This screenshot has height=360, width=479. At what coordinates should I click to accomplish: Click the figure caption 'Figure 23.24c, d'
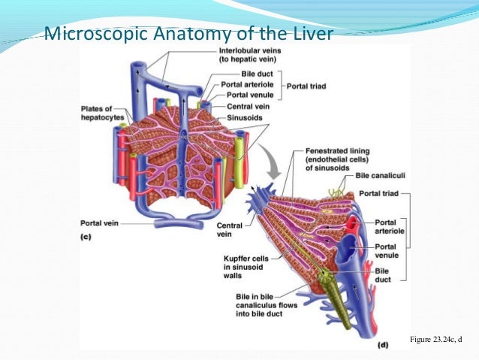click(435, 340)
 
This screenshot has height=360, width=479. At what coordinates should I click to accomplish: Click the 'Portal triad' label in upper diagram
click(306, 85)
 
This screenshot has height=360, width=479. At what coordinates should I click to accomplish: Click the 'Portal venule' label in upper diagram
click(245, 95)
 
